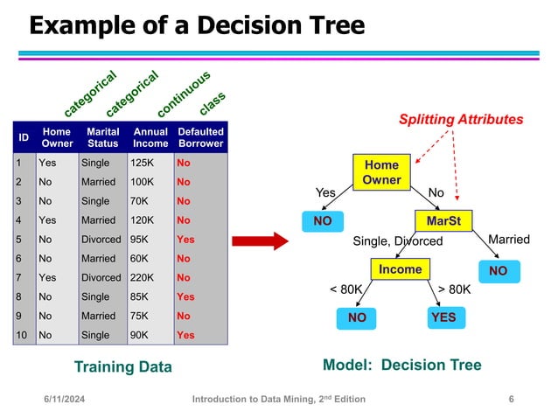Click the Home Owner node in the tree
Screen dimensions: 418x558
click(x=381, y=172)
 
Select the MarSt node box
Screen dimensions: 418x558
click(x=444, y=220)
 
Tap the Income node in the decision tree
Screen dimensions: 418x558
click(x=399, y=269)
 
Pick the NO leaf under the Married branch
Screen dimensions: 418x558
click(x=498, y=271)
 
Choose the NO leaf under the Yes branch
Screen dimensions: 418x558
click(x=323, y=221)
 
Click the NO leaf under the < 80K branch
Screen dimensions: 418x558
click(x=357, y=317)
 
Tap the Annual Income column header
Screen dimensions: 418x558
click(x=150, y=137)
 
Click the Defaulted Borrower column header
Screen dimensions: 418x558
click(x=200, y=137)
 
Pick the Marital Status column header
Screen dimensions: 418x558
click(x=103, y=137)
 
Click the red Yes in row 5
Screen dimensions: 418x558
click(x=185, y=239)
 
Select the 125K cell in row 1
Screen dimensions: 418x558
click(x=141, y=163)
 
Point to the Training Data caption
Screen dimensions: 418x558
click(x=122, y=366)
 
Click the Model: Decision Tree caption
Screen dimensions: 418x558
click(x=401, y=366)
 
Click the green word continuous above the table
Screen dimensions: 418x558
click(x=184, y=94)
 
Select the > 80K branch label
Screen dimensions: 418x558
click(x=454, y=288)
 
